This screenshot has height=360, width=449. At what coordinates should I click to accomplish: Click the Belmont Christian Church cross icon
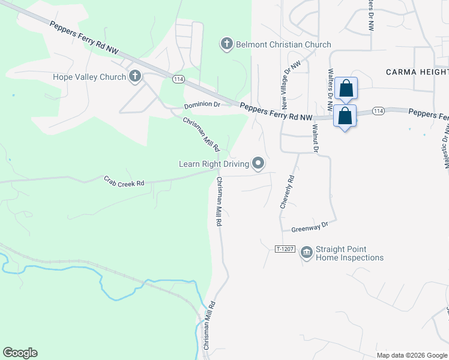point(226,44)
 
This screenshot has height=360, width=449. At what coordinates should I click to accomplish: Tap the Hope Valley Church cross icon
point(135,76)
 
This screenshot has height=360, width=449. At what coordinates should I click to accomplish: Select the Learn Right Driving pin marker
point(258,163)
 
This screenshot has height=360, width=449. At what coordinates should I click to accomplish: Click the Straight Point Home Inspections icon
point(307,252)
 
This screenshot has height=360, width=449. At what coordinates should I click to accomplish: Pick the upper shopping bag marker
point(346,89)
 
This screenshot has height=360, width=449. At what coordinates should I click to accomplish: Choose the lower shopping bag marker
point(345,116)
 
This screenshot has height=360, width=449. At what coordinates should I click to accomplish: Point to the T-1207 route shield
point(285,248)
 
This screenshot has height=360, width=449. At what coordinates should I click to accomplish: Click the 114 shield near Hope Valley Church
point(178,79)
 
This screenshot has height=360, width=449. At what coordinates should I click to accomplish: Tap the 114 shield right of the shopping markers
point(378,111)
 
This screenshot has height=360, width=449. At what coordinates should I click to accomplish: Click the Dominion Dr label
point(202,105)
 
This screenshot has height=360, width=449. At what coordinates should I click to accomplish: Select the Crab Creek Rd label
point(124,181)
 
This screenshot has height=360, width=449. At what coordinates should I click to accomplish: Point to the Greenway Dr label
point(310,227)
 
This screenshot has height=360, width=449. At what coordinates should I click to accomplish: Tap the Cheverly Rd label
point(288,191)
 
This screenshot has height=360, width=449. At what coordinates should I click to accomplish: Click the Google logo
point(20,353)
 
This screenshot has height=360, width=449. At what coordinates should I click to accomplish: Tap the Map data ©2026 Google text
point(412,355)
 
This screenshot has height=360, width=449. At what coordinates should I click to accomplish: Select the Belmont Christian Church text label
point(283,44)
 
